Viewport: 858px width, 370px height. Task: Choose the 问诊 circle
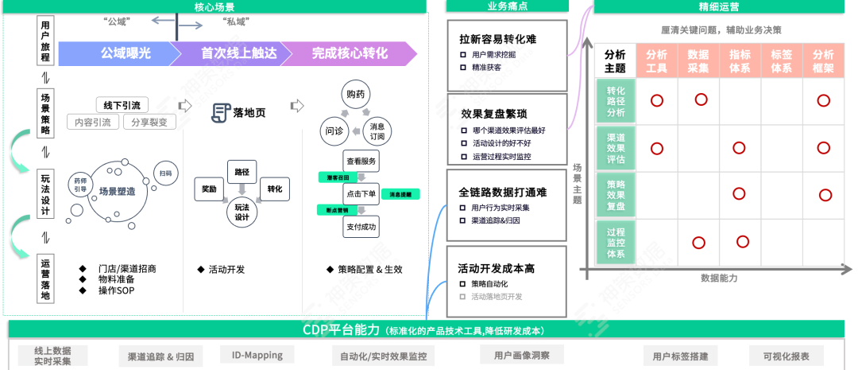[x=334, y=130]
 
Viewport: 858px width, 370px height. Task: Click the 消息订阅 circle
[x=377, y=130]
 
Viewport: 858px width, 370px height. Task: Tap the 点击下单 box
[x=361, y=193]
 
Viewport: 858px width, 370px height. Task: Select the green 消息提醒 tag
[x=400, y=194]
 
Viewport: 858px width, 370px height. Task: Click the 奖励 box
[x=209, y=189]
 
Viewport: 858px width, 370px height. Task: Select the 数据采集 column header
[x=698, y=61]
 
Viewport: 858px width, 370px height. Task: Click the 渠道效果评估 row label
[x=616, y=148]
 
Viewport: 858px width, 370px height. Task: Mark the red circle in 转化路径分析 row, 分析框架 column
[x=823, y=100]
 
